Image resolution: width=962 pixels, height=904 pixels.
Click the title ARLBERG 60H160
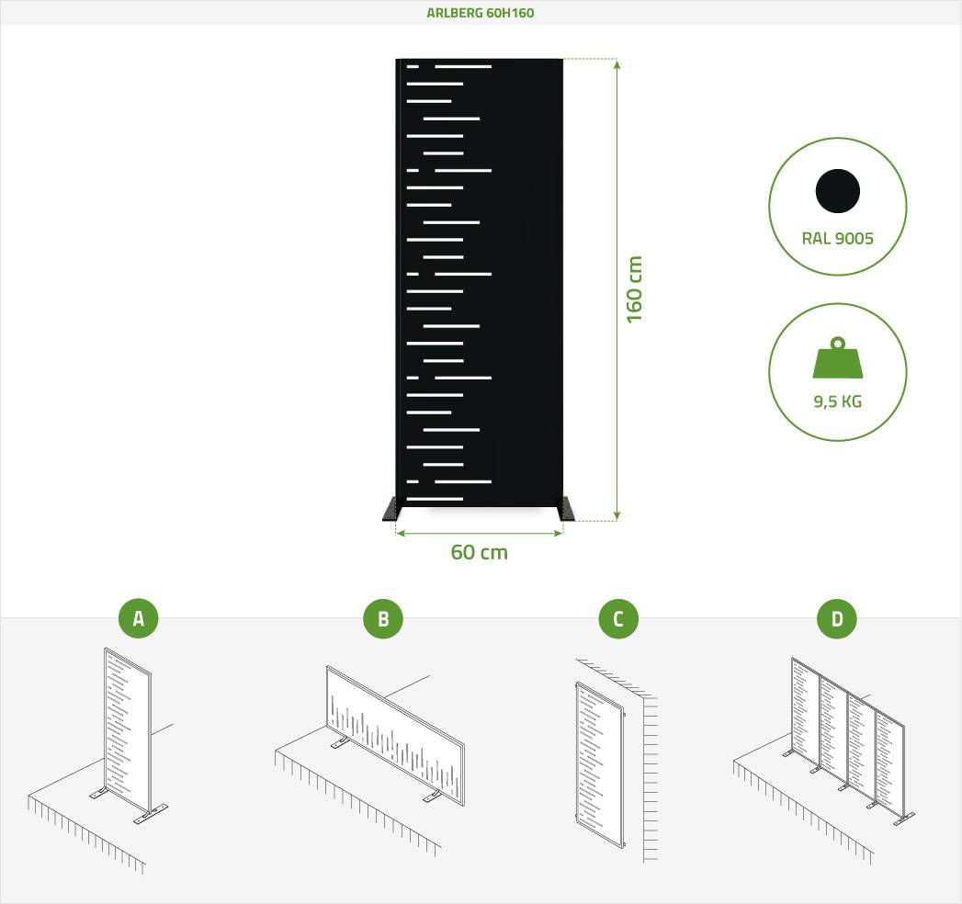[481, 13]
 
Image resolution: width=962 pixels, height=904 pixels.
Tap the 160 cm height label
[634, 289]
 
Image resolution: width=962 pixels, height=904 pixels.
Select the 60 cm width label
[479, 552]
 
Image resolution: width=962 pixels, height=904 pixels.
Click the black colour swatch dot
[837, 191]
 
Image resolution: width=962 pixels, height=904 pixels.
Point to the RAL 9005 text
[837, 238]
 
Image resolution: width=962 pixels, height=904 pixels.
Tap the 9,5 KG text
[837, 401]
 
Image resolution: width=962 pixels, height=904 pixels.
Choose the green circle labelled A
[139, 618]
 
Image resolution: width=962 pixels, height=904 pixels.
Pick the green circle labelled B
[383, 618]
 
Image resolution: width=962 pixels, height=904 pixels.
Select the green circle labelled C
[618, 618]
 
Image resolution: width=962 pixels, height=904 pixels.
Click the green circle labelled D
[837, 618]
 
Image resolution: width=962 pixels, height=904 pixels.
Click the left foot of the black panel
[390, 509]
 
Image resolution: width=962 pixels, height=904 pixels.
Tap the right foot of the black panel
[566, 509]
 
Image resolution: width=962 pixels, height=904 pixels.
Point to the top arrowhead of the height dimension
[617, 63]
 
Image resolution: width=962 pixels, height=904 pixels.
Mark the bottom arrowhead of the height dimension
[617, 515]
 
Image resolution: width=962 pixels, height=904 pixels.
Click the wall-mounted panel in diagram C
[600, 763]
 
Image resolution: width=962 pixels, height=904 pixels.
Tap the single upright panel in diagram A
[128, 729]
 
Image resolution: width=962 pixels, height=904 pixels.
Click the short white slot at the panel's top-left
[413, 66]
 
